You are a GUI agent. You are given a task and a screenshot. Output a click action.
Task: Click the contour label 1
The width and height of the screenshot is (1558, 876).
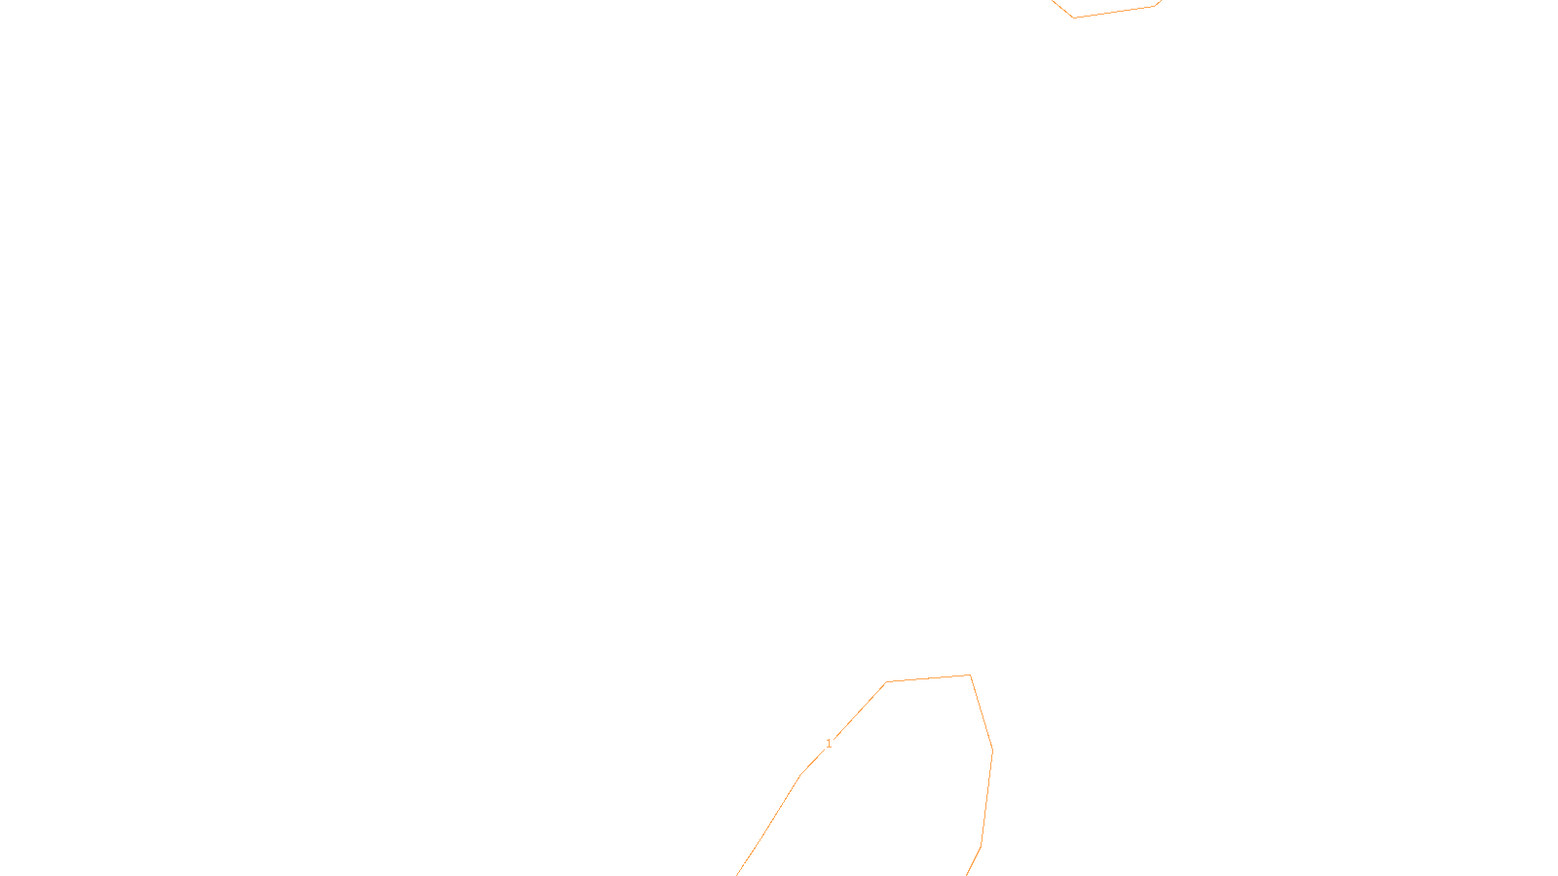point(829,744)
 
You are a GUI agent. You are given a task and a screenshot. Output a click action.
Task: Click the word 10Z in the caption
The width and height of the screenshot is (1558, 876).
point(738,860)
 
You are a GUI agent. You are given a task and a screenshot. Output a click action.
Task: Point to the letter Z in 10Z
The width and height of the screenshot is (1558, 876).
point(745,860)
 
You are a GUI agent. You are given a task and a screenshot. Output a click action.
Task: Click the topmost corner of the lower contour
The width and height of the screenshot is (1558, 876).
point(970,675)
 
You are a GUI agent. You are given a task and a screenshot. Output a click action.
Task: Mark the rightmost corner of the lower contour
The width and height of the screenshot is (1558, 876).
point(992,749)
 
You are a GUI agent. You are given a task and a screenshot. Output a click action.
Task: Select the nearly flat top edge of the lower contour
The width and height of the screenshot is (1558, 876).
point(928,678)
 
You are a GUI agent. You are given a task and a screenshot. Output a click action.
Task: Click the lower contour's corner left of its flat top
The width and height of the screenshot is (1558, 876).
point(886,682)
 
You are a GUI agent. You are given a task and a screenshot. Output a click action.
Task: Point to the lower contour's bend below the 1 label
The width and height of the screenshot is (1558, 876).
point(800,775)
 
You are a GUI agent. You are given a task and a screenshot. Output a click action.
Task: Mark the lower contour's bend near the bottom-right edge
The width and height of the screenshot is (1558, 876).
point(981,845)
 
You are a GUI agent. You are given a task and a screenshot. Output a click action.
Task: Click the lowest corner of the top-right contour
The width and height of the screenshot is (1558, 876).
point(1073,18)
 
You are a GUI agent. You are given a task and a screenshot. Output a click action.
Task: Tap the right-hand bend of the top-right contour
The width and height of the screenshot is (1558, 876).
point(1154,6)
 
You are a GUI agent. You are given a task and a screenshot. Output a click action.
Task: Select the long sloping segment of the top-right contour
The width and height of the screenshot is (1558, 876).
point(1114,12)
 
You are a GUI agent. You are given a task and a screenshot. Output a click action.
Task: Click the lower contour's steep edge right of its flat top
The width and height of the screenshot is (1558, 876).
point(982,712)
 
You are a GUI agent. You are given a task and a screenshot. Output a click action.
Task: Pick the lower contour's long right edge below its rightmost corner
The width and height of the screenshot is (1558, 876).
point(986,797)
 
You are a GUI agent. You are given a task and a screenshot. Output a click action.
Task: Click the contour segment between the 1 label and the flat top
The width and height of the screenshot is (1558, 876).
point(860,711)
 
